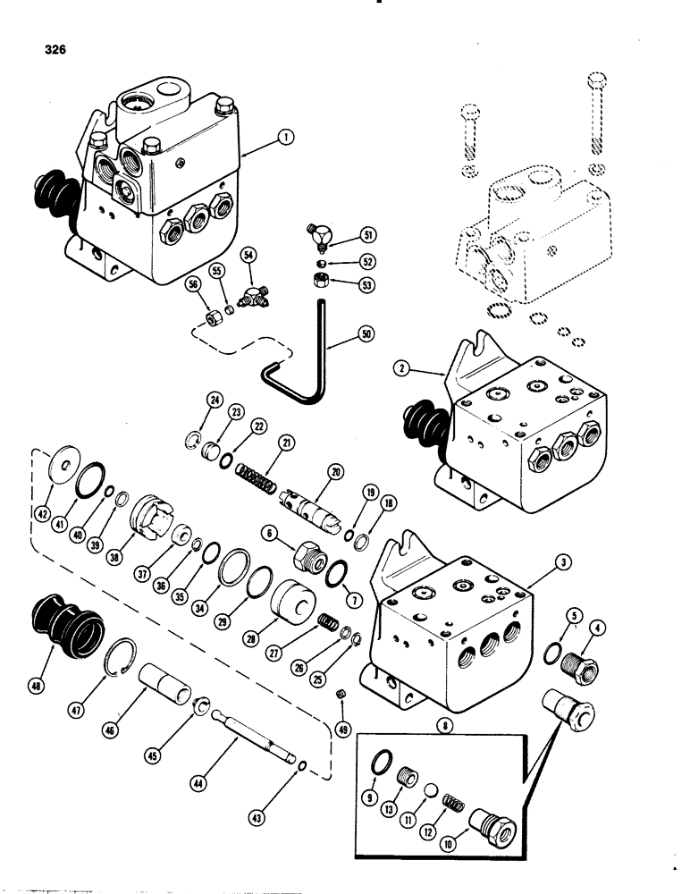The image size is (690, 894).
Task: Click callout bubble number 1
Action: pyautogui.click(x=285, y=139)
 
